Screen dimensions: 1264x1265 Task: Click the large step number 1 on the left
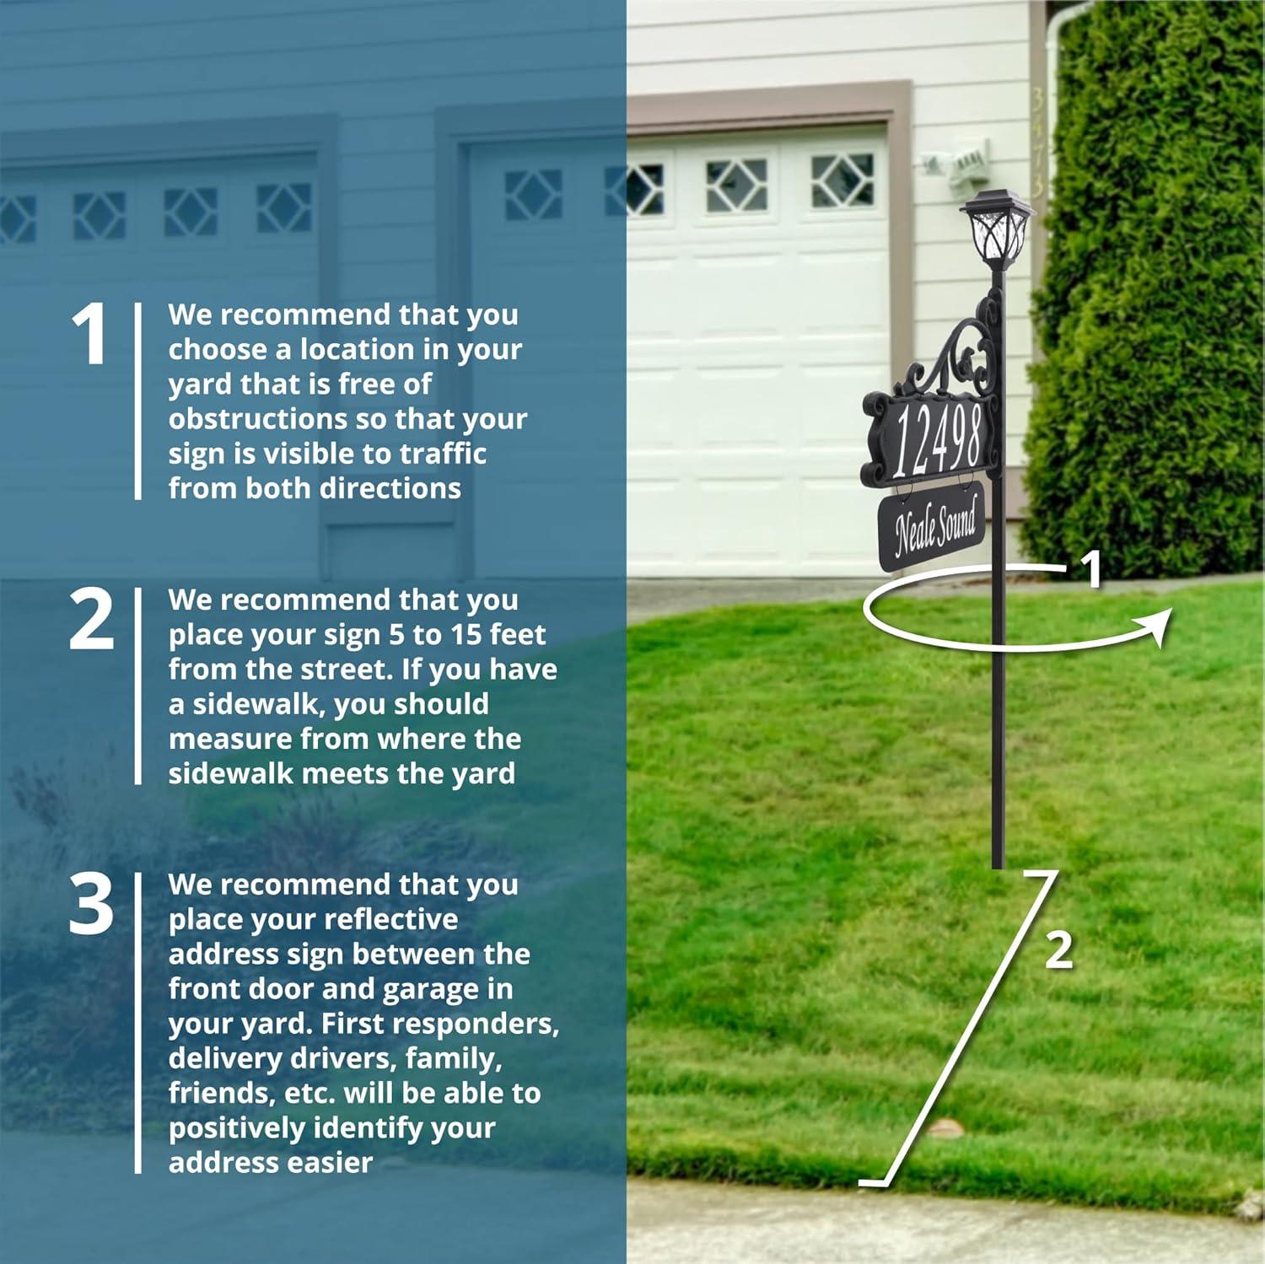pos(89,336)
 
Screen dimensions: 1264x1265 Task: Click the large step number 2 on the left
pos(91,620)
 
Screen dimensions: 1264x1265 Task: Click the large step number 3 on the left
pos(90,905)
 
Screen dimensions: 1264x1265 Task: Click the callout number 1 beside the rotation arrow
pos(1091,569)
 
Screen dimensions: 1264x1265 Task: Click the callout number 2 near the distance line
pos(1058,950)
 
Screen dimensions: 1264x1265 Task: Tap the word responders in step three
pos(476,1024)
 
